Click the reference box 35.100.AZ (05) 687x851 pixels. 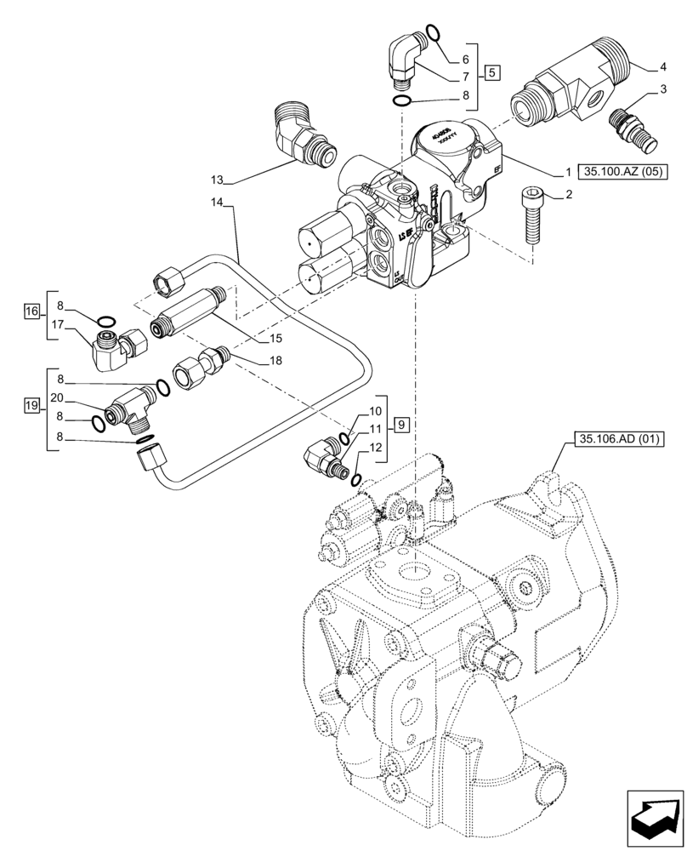(619, 172)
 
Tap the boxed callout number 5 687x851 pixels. (493, 72)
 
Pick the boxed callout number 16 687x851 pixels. (31, 311)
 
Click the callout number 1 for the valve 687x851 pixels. (565, 172)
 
